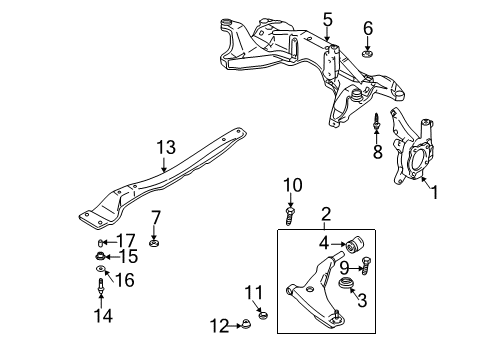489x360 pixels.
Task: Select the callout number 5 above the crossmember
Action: pos(328,18)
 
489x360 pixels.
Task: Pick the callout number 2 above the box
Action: pos(325,214)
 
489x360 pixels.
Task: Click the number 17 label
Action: pos(127,240)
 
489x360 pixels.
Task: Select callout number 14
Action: pos(103,316)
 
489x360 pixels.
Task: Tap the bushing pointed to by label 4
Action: pos(355,244)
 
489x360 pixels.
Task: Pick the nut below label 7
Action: pos(154,239)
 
